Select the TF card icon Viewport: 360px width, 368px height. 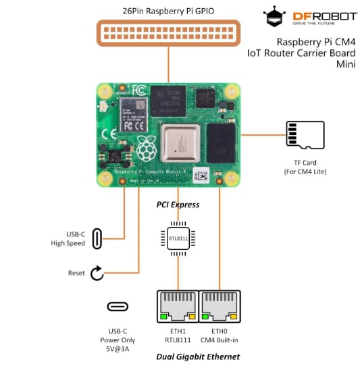pos(305,135)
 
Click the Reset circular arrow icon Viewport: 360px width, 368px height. pos(97,273)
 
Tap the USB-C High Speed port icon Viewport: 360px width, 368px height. pos(97,238)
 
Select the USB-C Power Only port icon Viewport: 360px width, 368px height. pos(118,306)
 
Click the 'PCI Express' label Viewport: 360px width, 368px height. pos(178,204)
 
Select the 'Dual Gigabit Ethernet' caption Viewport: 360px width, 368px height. pos(198,357)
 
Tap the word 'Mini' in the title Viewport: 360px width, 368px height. pos(346,64)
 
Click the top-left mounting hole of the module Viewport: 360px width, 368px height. pos(105,90)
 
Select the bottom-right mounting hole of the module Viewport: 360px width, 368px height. pos(232,179)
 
